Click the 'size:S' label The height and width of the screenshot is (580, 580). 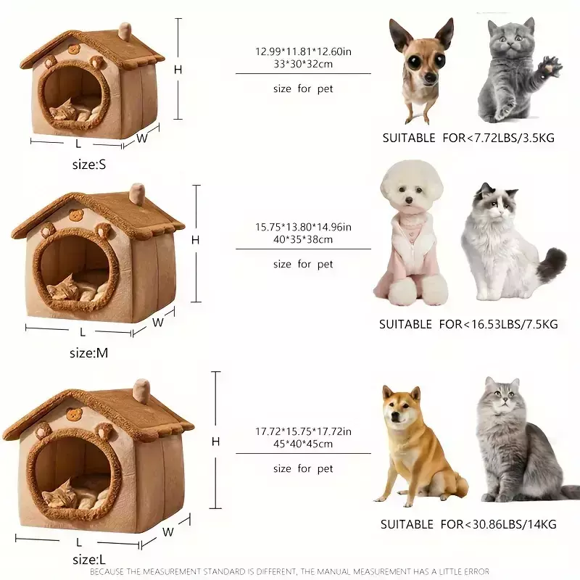[89, 165]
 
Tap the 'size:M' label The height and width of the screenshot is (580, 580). [88, 353]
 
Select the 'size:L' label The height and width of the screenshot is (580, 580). [88, 559]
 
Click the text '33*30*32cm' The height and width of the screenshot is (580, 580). [303, 64]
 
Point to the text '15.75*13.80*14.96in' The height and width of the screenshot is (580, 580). [303, 227]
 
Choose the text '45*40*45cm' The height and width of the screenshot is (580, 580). [303, 444]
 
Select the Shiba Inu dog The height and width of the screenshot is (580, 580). [419, 446]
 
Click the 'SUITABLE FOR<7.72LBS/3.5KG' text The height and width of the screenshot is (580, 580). [468, 138]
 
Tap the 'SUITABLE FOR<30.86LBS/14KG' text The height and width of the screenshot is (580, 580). [468, 524]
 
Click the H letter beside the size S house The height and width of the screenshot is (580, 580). [178, 70]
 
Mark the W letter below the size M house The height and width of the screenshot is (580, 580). [158, 323]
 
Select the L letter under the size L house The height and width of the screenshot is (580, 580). [79, 542]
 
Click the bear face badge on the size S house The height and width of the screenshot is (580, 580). [75, 49]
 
